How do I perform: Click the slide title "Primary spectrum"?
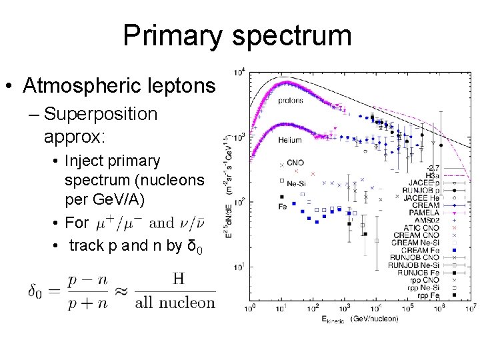click(237, 35)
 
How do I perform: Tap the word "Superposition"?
click(101, 114)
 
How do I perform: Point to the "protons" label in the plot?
click(287, 101)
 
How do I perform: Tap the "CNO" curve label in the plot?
click(295, 163)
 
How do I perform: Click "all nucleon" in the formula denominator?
click(175, 303)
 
